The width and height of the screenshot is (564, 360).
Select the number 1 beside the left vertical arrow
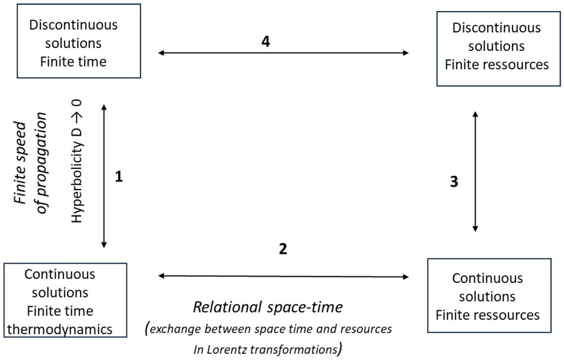click(x=119, y=178)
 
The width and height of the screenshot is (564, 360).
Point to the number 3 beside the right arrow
click(x=454, y=182)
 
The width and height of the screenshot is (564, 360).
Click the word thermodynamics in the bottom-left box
click(x=61, y=329)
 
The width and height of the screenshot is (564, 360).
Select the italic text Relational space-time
click(x=268, y=307)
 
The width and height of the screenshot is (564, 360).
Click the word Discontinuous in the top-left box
click(x=73, y=24)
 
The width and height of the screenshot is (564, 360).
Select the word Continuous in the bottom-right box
click(x=487, y=278)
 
